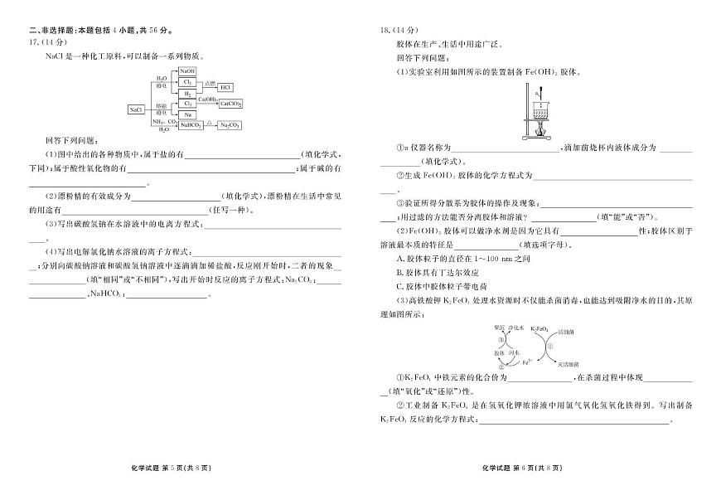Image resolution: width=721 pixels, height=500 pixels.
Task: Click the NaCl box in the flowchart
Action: [x=136, y=109]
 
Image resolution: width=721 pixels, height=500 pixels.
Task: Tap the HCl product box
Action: [x=226, y=87]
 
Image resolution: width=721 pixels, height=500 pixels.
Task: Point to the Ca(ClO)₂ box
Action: [x=231, y=104]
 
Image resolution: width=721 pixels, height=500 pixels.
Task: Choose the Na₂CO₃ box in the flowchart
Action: [x=230, y=125]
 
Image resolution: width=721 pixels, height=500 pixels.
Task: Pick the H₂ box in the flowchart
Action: [x=187, y=95]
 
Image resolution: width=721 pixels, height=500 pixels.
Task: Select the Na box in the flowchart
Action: [x=187, y=114]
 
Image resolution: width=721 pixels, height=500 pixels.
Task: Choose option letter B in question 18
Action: [x=399, y=271]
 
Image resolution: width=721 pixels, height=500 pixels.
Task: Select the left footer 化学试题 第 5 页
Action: [x=174, y=468]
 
